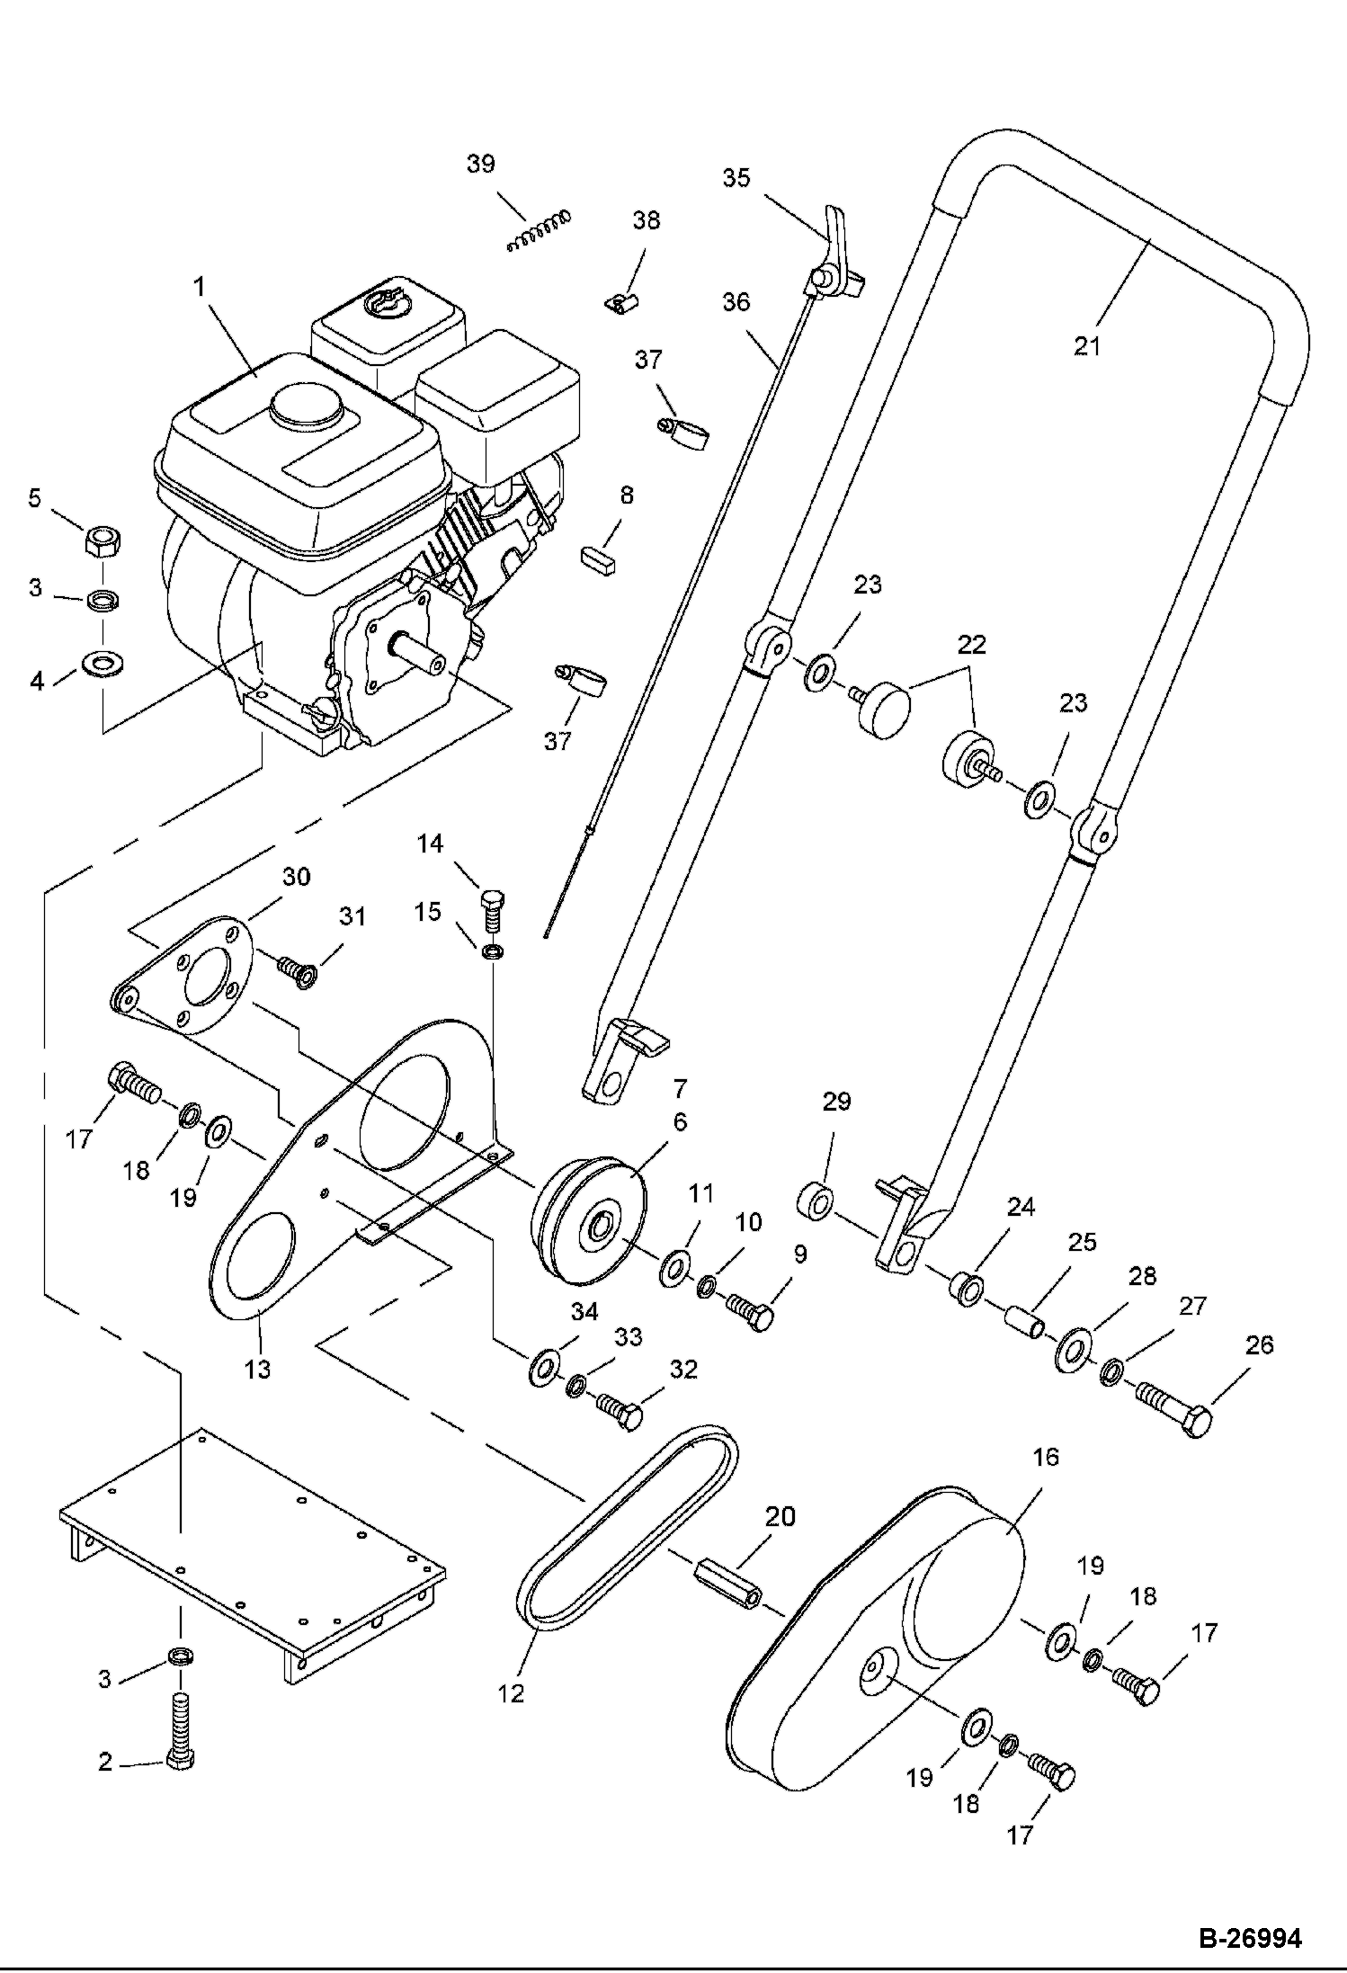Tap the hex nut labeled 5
coord(103,542)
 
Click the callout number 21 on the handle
coord(1086,344)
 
